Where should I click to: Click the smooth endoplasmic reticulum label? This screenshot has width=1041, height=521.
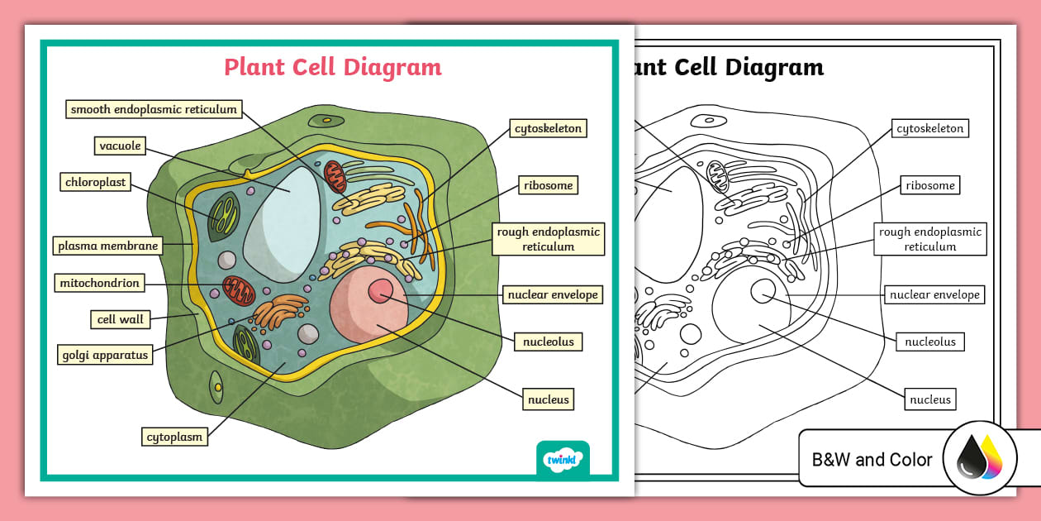tap(154, 109)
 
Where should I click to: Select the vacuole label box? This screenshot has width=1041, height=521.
tap(121, 146)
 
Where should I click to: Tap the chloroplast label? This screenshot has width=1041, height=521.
tap(96, 182)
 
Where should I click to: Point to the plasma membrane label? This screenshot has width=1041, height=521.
tap(107, 246)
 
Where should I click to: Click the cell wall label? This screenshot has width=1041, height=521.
tap(121, 319)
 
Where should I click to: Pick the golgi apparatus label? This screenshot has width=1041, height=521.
tap(105, 356)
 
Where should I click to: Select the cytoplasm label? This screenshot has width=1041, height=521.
tap(174, 437)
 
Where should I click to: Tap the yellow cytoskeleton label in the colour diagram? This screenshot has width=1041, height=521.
tap(549, 128)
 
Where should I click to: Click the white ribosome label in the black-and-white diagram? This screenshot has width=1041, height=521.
tap(929, 185)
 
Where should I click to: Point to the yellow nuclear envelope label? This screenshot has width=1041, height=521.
tap(553, 294)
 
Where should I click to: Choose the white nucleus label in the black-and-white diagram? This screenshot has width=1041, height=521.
tap(930, 399)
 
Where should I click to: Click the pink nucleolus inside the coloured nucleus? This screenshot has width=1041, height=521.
tap(381, 290)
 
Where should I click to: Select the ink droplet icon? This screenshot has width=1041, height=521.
tap(980, 461)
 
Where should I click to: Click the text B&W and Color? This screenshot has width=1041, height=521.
tap(872, 460)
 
